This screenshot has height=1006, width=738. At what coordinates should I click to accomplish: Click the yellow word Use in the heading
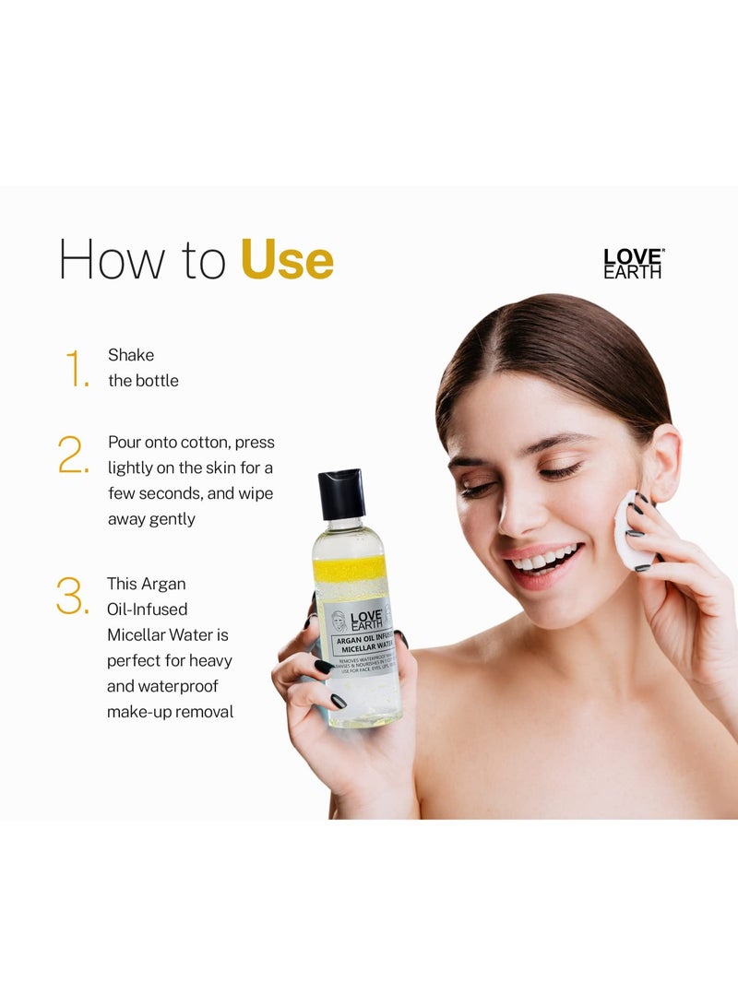(x=287, y=260)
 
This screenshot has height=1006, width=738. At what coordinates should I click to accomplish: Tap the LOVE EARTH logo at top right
(x=633, y=264)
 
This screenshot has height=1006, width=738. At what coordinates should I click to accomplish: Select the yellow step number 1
(x=77, y=369)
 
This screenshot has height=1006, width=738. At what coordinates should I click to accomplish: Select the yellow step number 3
(x=73, y=597)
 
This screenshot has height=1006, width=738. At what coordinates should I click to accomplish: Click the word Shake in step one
(x=131, y=355)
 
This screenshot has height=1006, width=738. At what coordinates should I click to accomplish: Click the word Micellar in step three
(x=137, y=635)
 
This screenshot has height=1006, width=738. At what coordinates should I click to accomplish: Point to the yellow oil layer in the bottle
(x=350, y=568)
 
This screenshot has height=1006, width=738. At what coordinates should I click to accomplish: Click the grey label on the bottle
(x=358, y=633)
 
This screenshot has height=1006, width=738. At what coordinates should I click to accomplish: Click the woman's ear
(x=662, y=461)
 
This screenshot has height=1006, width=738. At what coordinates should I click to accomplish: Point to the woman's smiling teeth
(x=546, y=559)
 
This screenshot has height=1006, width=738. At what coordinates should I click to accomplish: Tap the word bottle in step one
(x=157, y=381)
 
